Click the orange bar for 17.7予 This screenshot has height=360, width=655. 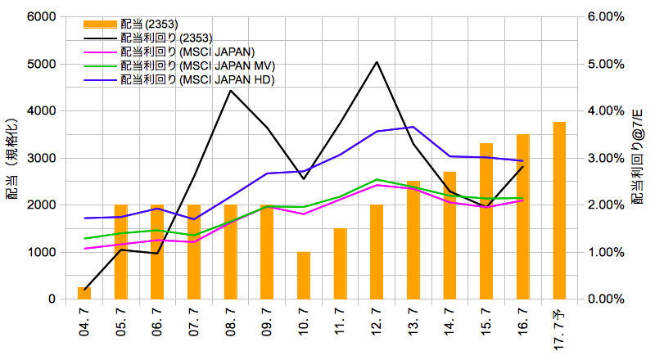pyautogui.click(x=559, y=210)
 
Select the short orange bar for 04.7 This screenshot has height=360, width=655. pyautogui.click(x=84, y=293)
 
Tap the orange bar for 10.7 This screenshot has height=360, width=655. pyautogui.click(x=304, y=275)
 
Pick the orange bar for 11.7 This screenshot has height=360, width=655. pyautogui.click(x=340, y=263)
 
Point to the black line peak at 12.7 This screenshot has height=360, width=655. pyautogui.click(x=377, y=62)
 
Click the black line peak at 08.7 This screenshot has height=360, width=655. pyautogui.click(x=230, y=90)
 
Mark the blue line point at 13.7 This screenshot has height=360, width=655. pyautogui.click(x=413, y=127)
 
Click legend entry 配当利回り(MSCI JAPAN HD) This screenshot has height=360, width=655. pyautogui.click(x=196, y=79)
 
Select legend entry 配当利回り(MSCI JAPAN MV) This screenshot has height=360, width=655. pyautogui.click(x=196, y=65)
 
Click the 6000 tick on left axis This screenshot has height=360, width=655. pyautogui.click(x=41, y=16)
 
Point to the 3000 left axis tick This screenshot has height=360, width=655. pyautogui.click(x=41, y=158)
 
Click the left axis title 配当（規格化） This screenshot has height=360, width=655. pyautogui.click(x=13, y=158)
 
